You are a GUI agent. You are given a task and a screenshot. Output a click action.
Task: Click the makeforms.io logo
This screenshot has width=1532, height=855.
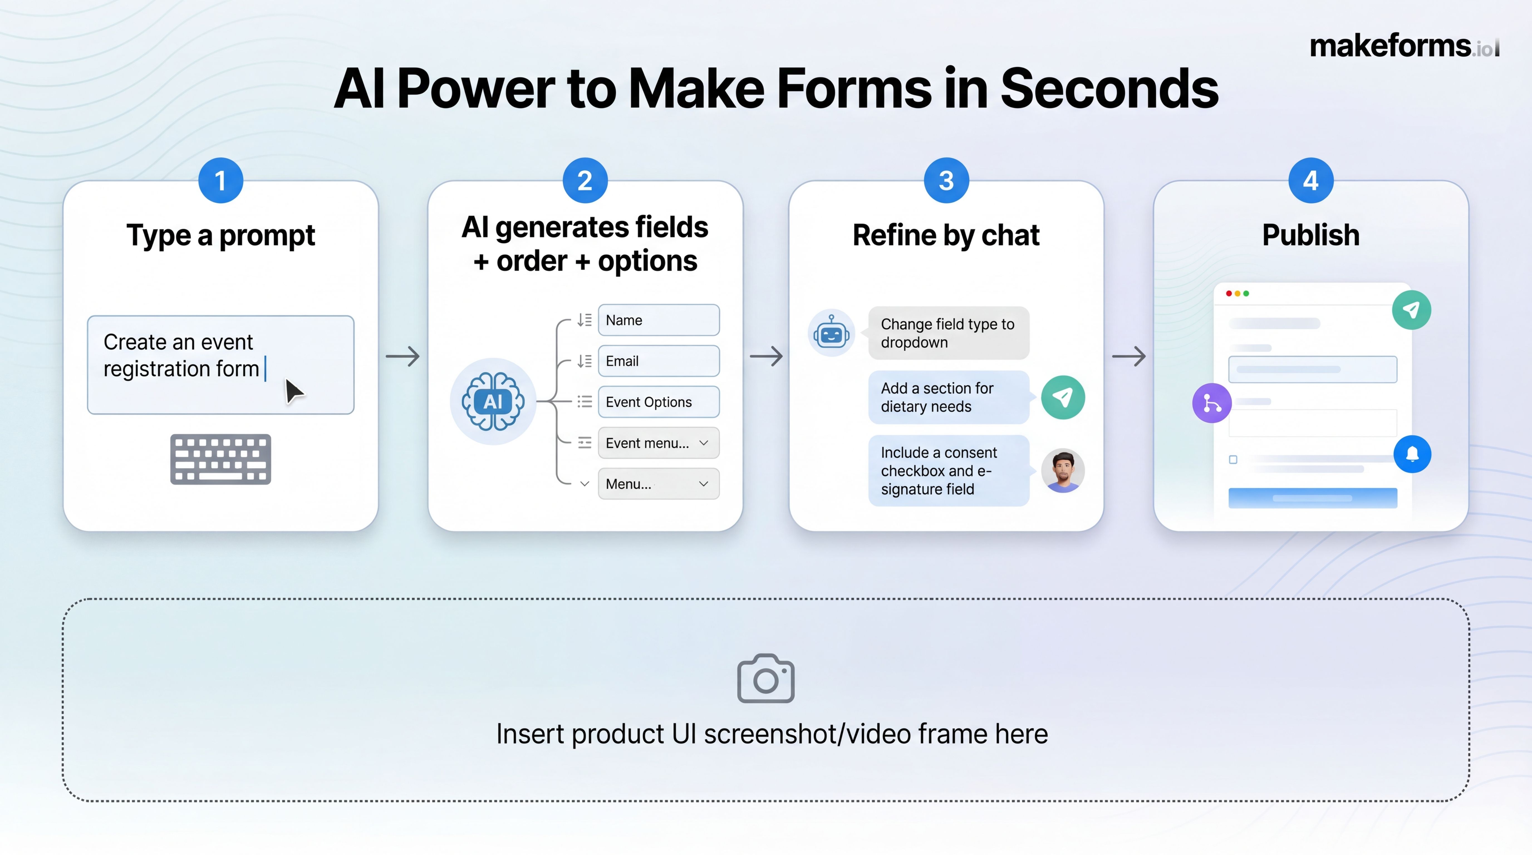tap(1403, 46)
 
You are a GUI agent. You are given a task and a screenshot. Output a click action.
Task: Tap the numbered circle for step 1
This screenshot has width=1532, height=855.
tap(221, 180)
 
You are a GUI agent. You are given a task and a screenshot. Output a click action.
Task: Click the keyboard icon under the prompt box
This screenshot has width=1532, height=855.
tap(221, 459)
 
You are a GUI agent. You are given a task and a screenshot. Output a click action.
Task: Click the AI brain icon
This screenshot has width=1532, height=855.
tap(493, 401)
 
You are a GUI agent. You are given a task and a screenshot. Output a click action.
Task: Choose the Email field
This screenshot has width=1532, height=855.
tap(658, 361)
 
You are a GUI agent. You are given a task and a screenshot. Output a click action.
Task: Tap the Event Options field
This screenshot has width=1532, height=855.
tap(658, 402)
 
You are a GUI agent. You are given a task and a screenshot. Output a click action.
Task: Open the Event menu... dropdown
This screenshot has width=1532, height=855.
tap(658, 443)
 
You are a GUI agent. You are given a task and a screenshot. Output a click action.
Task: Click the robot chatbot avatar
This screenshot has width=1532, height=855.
tap(831, 333)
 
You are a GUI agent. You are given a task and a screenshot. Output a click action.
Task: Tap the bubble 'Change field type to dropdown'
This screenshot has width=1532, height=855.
tap(948, 333)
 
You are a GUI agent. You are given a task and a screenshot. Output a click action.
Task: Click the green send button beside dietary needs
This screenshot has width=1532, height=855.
tap(1063, 397)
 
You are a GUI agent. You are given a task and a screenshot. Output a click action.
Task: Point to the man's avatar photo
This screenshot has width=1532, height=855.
tap(1063, 470)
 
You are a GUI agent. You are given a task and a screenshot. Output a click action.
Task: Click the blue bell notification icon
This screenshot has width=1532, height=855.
tap(1412, 454)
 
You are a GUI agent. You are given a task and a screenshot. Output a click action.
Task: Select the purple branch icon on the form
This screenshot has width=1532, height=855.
tap(1211, 403)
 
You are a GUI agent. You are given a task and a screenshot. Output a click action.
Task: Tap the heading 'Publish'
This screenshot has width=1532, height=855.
tap(1311, 235)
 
